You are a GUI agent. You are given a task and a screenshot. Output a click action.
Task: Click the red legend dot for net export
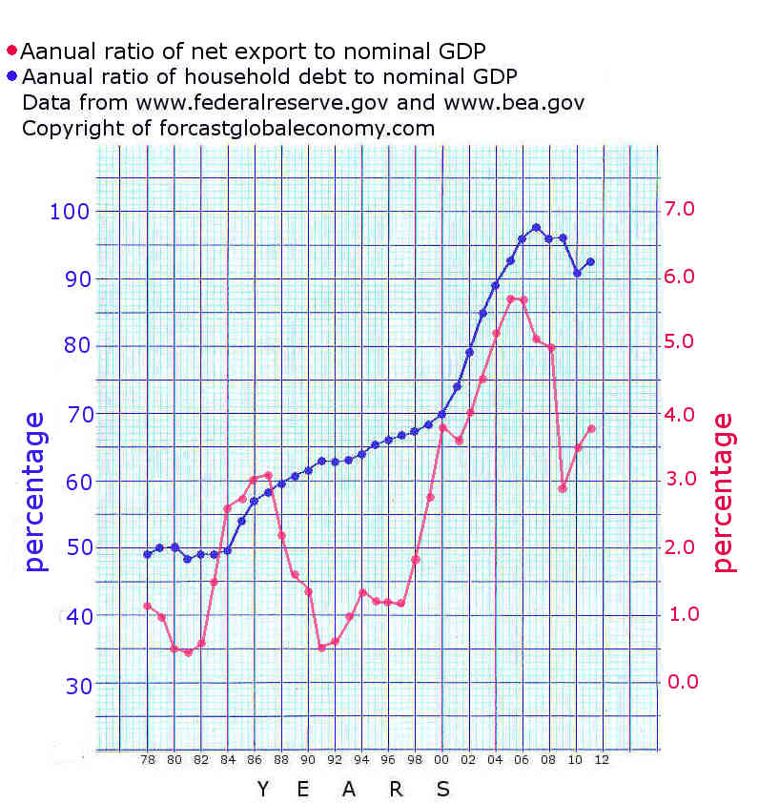[x=11, y=51]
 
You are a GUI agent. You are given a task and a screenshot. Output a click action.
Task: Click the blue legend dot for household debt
[x=11, y=76]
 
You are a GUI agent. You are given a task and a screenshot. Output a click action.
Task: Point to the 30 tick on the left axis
[x=76, y=685]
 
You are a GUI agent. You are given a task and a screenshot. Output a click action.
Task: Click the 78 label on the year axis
[x=148, y=760]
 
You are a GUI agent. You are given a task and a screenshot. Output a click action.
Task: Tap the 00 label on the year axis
[x=441, y=760]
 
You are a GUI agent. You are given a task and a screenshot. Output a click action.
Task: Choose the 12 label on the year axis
[x=602, y=760]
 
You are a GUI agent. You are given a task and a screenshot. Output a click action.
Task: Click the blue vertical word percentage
[x=35, y=491]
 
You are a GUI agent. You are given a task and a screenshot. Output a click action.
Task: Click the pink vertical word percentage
[x=726, y=491]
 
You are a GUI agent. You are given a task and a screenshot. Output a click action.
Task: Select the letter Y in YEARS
[x=264, y=789]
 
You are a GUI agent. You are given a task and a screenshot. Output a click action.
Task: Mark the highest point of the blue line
[x=536, y=227]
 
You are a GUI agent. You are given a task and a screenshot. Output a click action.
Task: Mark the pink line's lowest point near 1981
[x=188, y=653]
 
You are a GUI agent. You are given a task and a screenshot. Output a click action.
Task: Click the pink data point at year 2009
[x=563, y=488]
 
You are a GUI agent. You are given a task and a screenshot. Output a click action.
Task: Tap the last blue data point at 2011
[x=590, y=261]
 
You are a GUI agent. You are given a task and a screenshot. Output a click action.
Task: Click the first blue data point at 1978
[x=148, y=554]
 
